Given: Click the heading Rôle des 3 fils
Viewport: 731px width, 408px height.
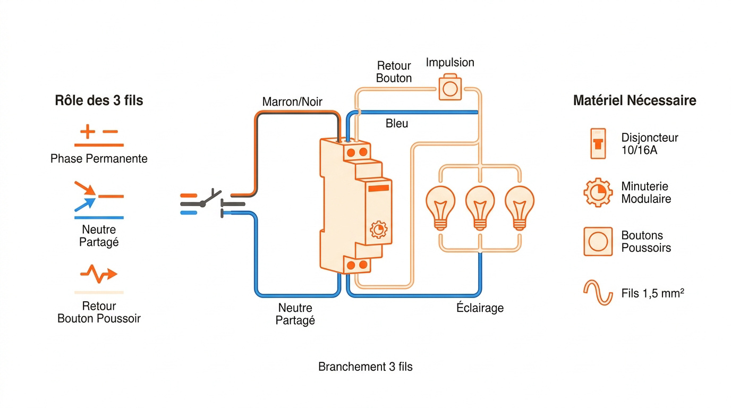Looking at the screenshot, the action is (x=99, y=100).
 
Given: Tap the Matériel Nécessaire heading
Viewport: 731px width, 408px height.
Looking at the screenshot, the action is (x=635, y=100).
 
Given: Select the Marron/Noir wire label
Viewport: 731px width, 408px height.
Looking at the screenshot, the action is (x=292, y=102).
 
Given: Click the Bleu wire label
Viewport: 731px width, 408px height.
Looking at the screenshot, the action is (x=397, y=123).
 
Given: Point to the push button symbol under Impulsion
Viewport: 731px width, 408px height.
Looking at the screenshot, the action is (x=450, y=88).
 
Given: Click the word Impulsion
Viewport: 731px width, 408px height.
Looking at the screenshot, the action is (x=450, y=62).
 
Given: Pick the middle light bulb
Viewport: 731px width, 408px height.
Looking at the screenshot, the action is (x=480, y=208).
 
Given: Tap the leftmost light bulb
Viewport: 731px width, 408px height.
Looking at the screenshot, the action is (x=440, y=208).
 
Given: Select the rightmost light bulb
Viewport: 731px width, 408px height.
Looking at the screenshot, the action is (x=520, y=208).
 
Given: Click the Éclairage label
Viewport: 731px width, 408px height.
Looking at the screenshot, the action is (x=480, y=308).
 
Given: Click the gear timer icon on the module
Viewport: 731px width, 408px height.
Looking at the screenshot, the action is (x=379, y=230).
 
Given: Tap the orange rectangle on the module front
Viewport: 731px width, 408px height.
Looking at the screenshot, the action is (x=379, y=188).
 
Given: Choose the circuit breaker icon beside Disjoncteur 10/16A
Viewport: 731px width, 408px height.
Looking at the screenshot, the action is (x=598, y=143).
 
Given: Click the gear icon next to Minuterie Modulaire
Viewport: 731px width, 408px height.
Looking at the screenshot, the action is (x=598, y=192).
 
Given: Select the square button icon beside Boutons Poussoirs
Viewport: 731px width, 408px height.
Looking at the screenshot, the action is (x=598, y=242).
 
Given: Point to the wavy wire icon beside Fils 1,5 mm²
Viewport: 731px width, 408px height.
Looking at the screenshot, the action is (x=598, y=293).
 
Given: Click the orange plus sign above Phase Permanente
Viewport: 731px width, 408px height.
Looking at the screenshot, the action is (x=88, y=132).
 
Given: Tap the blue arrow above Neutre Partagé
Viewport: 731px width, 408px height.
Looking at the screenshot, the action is (x=85, y=205).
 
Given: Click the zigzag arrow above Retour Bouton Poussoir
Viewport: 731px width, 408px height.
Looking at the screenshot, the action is (x=99, y=274).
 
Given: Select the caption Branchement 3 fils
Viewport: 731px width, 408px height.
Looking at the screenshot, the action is (x=365, y=367).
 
